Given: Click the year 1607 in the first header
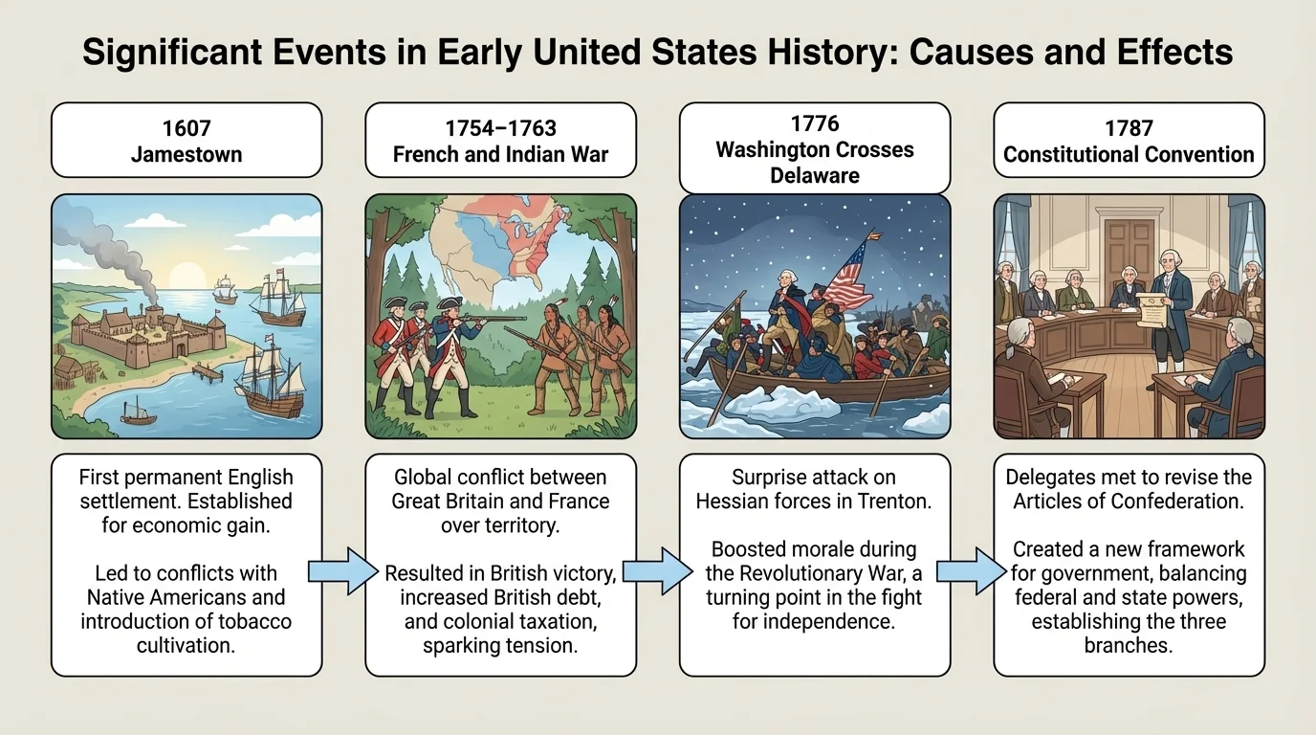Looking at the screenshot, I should tap(186, 127).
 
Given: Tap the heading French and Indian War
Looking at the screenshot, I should tap(500, 155).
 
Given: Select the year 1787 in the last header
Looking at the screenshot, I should tap(1129, 127).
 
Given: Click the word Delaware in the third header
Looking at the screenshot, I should tap(815, 175).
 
